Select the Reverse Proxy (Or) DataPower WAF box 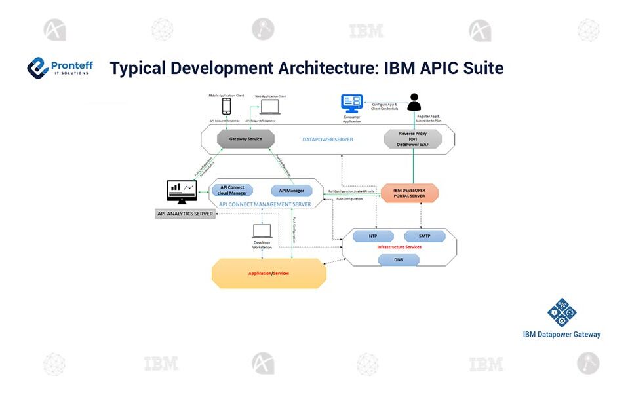point(412,139)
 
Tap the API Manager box point(292,191)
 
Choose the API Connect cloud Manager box point(232,191)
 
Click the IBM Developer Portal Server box point(409,193)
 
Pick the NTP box point(373,236)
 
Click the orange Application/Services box point(269,273)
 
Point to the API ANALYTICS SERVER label point(186,214)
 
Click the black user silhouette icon point(414,102)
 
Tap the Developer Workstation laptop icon point(262,231)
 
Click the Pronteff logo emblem point(38,67)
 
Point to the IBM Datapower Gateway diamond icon point(562,313)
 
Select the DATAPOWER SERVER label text point(328,140)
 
